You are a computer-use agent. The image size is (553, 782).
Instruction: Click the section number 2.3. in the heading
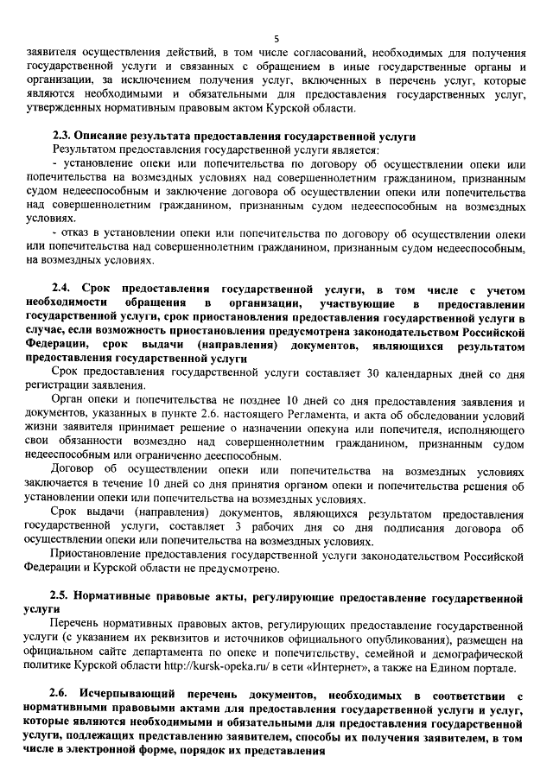click(x=61, y=136)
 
